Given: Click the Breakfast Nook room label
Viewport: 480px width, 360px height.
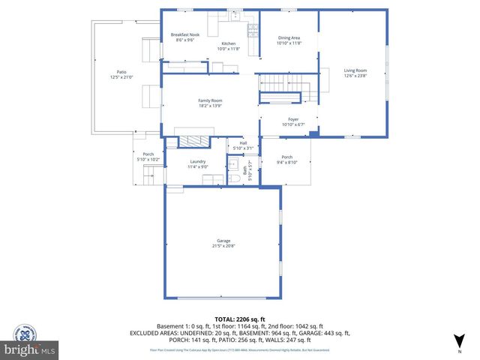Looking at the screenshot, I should click(184, 35).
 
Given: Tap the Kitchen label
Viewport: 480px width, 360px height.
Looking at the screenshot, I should click(227, 43).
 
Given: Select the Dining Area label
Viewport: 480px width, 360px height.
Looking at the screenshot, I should click(289, 37).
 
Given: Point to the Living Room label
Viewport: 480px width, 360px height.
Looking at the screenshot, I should click(355, 70).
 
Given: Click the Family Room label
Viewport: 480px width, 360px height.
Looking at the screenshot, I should click(210, 100).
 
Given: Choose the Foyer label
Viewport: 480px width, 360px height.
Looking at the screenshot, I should click(293, 119).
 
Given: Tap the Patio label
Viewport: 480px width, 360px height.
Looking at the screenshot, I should click(120, 73).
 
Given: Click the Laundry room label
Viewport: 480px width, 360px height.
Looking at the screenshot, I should click(197, 161).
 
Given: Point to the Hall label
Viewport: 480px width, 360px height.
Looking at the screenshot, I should click(243, 143).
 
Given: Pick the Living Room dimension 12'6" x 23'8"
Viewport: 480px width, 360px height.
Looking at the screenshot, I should click(355, 76).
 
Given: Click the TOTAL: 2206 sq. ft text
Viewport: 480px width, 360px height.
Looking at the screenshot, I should click(240, 319).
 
